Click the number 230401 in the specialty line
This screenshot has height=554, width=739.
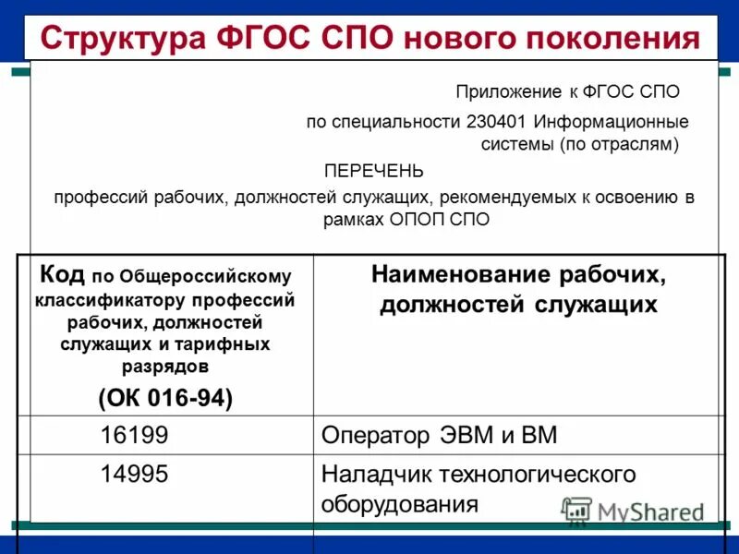tap(498, 122)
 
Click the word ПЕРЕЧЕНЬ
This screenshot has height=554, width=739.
tap(373, 171)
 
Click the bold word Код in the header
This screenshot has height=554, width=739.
tap(62, 274)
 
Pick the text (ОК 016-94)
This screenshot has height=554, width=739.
tap(165, 398)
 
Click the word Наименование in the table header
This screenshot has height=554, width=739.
tap(459, 274)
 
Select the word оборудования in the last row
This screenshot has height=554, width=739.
tap(400, 504)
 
